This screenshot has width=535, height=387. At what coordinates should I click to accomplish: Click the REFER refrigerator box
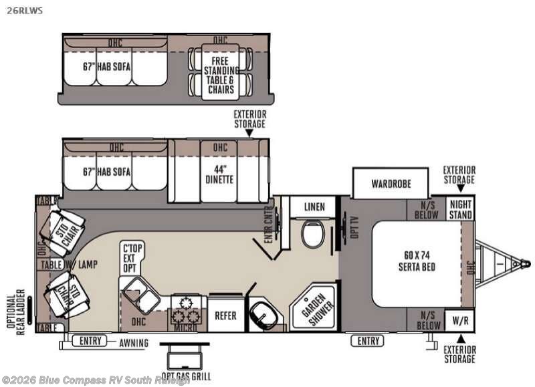(225, 315)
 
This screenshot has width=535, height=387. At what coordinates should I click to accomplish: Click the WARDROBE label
(391, 183)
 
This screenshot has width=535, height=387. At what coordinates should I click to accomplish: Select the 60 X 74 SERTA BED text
(417, 261)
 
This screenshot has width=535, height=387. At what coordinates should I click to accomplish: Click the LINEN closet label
(314, 207)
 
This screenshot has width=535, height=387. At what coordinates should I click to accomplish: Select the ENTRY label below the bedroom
(368, 342)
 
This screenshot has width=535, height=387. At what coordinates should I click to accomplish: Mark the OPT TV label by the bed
(346, 227)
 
